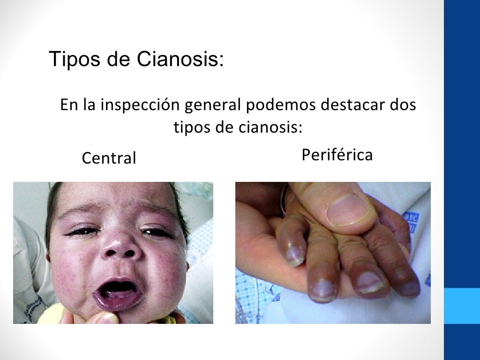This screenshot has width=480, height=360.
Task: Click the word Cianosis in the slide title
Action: (180, 59)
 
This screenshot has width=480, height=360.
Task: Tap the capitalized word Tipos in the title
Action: (72, 60)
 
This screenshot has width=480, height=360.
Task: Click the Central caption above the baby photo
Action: (109, 158)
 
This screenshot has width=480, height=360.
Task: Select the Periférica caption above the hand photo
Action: (337, 155)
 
